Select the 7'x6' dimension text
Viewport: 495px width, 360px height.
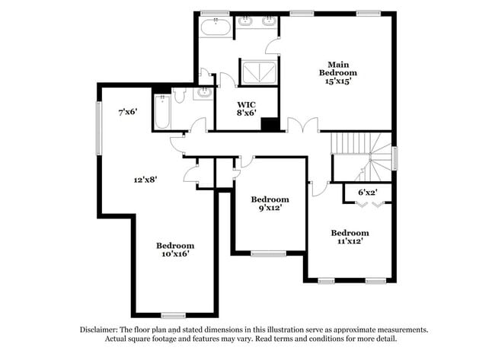click(x=128, y=112)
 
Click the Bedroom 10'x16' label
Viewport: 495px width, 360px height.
click(x=175, y=250)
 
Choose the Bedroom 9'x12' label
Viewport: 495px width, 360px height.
click(x=270, y=202)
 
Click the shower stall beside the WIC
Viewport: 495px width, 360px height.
click(x=259, y=72)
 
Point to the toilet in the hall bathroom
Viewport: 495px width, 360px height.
click(x=180, y=96)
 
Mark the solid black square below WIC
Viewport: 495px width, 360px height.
click(x=268, y=125)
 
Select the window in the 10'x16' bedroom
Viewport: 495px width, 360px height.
click(x=174, y=315)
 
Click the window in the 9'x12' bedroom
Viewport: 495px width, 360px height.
click(x=268, y=253)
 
